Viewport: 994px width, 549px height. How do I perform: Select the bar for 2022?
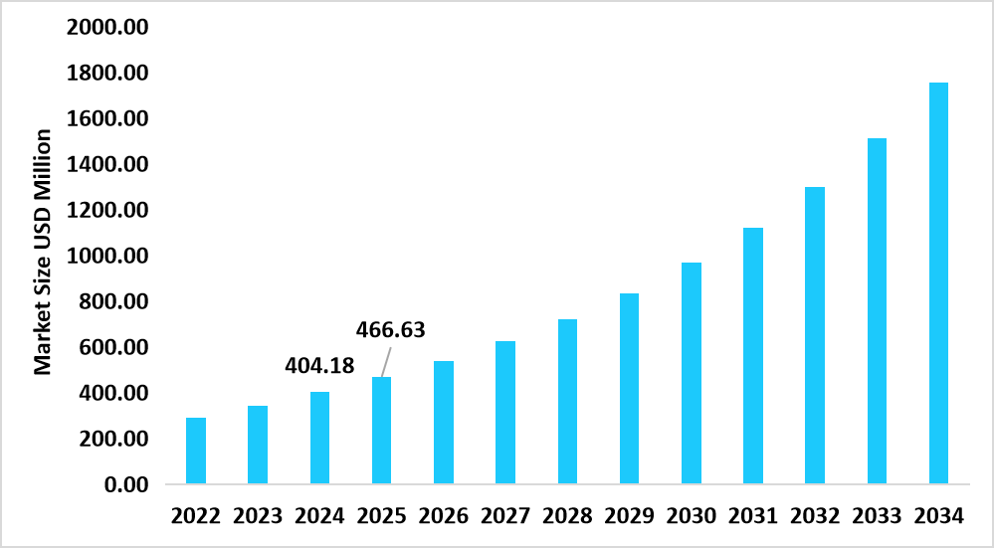click(x=196, y=451)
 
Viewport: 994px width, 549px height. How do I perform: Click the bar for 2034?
click(x=938, y=283)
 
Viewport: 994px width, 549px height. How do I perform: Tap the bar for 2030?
click(x=691, y=373)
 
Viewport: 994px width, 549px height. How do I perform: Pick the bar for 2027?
click(x=505, y=413)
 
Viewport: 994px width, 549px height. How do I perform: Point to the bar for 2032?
click(x=815, y=335)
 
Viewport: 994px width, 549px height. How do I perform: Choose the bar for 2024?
click(x=319, y=438)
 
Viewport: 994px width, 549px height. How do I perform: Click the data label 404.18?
click(x=319, y=366)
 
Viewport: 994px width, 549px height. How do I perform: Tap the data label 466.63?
click(x=391, y=330)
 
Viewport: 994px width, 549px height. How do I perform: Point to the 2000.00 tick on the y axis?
click(x=107, y=28)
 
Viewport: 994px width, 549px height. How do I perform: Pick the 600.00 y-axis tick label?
click(x=113, y=348)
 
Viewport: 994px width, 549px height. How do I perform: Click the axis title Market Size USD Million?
click(x=43, y=253)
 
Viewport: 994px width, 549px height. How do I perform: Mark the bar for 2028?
click(x=567, y=402)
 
